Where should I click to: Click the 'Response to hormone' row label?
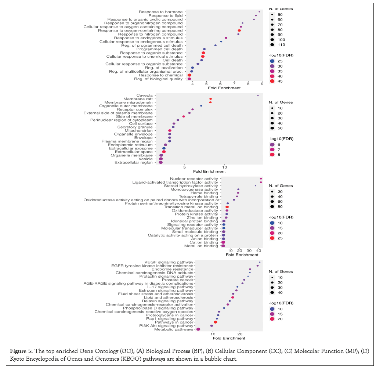click(x=160, y=12)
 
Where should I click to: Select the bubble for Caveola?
click(x=258, y=95)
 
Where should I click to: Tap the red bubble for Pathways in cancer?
click(x=216, y=322)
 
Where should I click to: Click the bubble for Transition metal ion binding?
click(x=227, y=207)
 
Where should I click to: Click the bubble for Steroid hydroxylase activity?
click(x=256, y=186)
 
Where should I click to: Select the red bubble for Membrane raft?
click(x=210, y=99)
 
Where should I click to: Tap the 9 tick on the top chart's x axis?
click(x=262, y=84)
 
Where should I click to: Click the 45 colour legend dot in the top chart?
click(x=272, y=81)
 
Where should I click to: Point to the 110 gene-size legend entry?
click(x=272, y=45)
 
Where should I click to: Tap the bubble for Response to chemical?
click(x=189, y=75)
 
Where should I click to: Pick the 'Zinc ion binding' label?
click(x=202, y=218)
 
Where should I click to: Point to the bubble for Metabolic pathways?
click(x=198, y=329)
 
